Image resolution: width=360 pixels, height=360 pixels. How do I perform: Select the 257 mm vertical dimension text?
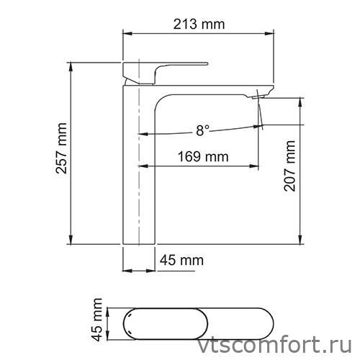[x=62, y=153]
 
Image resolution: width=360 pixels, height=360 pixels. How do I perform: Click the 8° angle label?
[x=202, y=130]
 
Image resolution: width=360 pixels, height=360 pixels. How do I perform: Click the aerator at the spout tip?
[x=259, y=94]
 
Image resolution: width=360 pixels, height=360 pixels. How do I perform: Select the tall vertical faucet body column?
[x=138, y=166]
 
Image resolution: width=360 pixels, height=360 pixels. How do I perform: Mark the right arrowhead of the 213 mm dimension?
[x=273, y=32]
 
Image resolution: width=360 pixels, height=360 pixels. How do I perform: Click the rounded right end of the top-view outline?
[x=274, y=321]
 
